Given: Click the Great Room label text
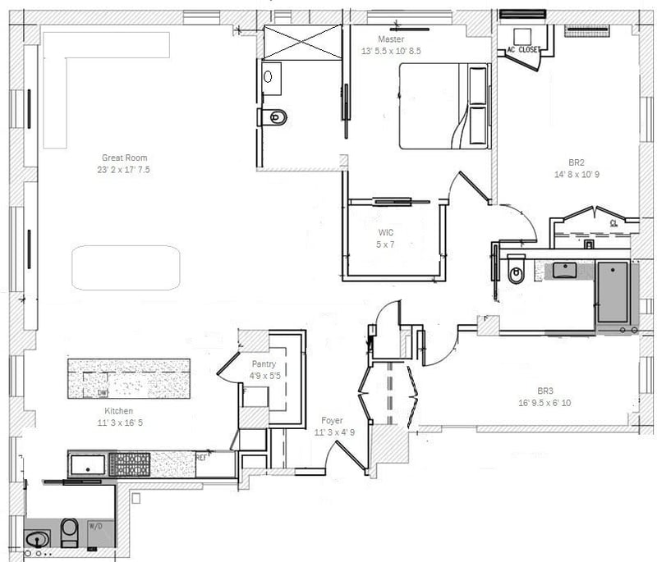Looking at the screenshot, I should coord(125,158).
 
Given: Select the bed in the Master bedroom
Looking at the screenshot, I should coord(444,107).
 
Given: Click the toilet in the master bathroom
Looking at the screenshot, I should coord(273,118).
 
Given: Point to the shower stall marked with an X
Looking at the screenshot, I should coord(301,42).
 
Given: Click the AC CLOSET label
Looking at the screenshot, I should coord(522,50).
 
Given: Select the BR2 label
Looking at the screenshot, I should coord(576,162).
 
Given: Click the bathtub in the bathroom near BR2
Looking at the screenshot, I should coord(613,291).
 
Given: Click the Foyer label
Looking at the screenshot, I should coord(332,421).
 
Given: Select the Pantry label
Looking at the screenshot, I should coord(264,365).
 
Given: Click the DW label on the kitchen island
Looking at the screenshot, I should coord(103,393).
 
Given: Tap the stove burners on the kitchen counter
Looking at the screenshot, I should coord(130,464).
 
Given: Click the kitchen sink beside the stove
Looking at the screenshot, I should coord(87,465).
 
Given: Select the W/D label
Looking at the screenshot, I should coord(94,526).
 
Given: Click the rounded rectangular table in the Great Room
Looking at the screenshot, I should coord(126,267).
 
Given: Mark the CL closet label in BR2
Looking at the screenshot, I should coord(613,222).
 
